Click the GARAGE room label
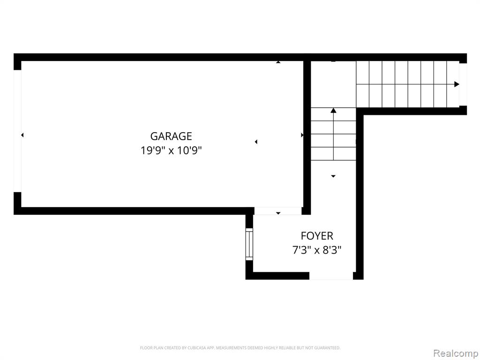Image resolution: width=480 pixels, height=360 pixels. [171, 136]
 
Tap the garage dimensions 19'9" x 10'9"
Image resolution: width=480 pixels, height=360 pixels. [171, 150]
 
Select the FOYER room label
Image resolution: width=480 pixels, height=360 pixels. [317, 236]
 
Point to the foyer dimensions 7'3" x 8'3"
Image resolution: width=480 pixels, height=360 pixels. [317, 250]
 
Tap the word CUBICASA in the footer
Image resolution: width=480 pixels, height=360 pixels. [196, 348]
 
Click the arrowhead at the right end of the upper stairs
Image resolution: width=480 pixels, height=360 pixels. [457, 84]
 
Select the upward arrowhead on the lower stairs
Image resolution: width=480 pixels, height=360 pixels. [333, 110]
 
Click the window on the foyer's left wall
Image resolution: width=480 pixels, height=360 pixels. [249, 244]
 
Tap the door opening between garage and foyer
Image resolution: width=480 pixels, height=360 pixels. [278, 211]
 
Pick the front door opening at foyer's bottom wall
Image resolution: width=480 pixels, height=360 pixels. [331, 276]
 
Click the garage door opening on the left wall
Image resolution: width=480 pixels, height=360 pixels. [17, 131]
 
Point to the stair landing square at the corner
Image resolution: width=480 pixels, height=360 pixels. [333, 84]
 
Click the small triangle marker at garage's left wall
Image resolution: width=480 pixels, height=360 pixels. [22, 135]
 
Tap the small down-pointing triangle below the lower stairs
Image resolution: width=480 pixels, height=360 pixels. [333, 176]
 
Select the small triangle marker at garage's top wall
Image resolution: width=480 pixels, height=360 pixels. [278, 62]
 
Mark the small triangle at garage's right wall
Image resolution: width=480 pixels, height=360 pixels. [302, 135]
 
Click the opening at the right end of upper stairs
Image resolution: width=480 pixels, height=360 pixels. [463, 84]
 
